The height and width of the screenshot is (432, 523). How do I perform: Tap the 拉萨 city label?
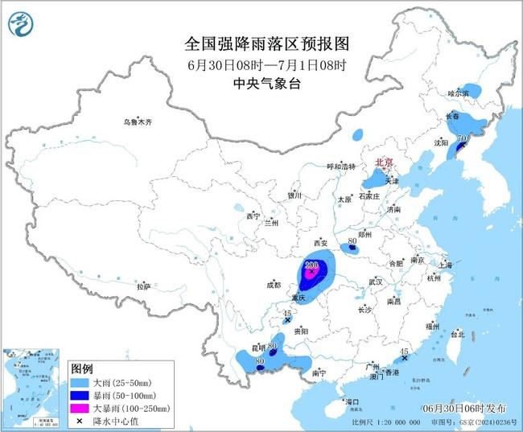pyautogui.click(x=144, y=286)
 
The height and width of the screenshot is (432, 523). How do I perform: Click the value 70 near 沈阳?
pyautogui.click(x=461, y=138)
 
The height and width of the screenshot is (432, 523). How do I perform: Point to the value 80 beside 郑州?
pyautogui.click(x=352, y=241)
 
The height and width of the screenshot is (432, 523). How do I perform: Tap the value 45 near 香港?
pyautogui.click(x=405, y=352)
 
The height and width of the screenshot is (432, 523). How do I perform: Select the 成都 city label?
pyautogui.click(x=273, y=284)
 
